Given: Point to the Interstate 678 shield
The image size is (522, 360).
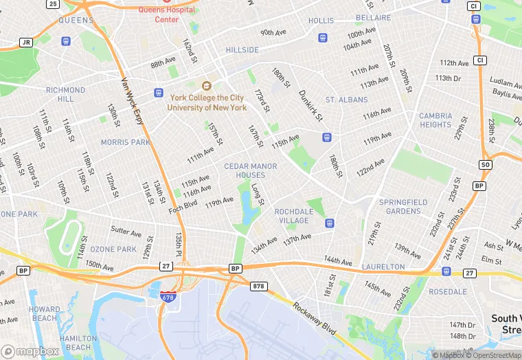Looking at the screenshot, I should pyautogui.click(x=167, y=297).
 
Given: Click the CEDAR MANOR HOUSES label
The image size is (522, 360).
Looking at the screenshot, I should pyautogui.click(x=251, y=170).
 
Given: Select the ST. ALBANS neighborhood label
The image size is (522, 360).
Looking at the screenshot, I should pyautogui.click(x=346, y=100).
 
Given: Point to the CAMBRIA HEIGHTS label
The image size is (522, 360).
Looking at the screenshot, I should pyautogui.click(x=435, y=120).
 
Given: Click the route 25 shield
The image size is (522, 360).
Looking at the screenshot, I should pyautogui.click(x=53, y=4).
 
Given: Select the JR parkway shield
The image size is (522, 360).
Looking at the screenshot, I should pyautogui.click(x=26, y=42).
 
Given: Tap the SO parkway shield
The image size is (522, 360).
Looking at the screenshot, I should pyautogui.click(x=486, y=165).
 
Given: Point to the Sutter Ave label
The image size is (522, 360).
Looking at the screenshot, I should pyautogui.click(x=125, y=232).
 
